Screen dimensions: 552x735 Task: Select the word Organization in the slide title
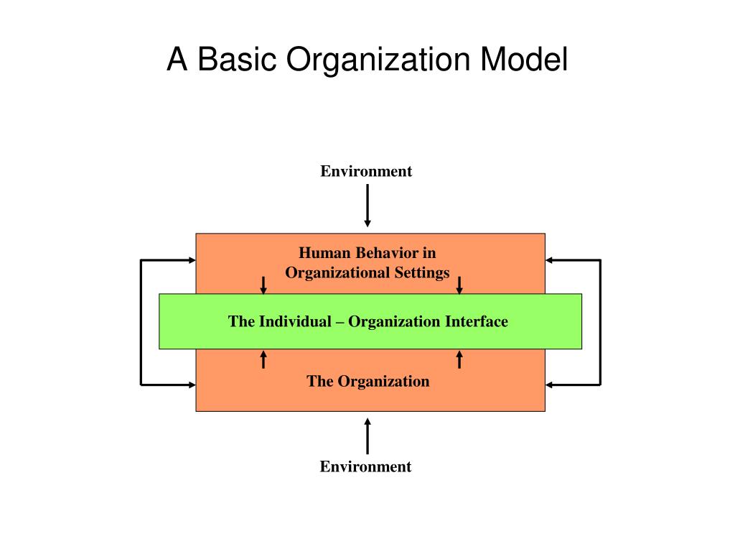[x=375, y=61]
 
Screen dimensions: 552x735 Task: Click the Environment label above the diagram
[x=366, y=171]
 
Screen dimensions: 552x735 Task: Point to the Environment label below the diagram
[x=365, y=466]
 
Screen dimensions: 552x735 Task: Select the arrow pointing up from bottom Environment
[x=367, y=436]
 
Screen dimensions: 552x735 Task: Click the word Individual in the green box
[x=294, y=321]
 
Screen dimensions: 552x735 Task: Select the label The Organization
[x=367, y=381]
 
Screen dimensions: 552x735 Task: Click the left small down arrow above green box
[x=263, y=285]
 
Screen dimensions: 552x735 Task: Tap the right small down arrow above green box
[x=459, y=285]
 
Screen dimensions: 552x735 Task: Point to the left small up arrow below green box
[x=263, y=358]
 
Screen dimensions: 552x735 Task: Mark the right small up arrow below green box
[x=459, y=358]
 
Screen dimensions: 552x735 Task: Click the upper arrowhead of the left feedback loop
[x=192, y=259]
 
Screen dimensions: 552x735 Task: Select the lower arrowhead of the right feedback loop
[x=550, y=385]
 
